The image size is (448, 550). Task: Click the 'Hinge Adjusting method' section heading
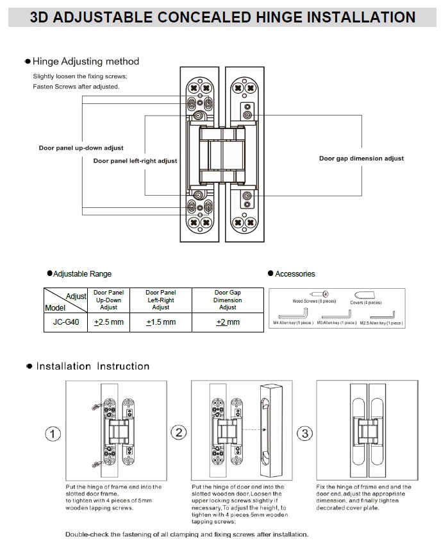click(x=85, y=62)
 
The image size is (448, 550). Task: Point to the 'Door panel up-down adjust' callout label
click(x=81, y=148)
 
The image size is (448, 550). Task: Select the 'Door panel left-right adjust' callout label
click(x=135, y=161)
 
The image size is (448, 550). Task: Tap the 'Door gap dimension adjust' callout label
click(x=361, y=159)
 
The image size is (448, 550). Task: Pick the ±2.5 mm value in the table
click(x=109, y=322)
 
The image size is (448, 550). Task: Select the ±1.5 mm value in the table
click(x=161, y=322)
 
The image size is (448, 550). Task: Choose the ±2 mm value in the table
click(x=228, y=322)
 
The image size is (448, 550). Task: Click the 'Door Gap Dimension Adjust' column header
click(x=228, y=300)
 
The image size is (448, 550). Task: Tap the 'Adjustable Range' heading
click(x=82, y=274)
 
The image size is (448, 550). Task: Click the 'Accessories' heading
click(x=295, y=274)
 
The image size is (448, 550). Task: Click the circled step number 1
click(x=53, y=434)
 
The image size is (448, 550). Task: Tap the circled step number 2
click(x=179, y=433)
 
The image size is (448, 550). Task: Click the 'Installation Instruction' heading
click(x=92, y=366)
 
